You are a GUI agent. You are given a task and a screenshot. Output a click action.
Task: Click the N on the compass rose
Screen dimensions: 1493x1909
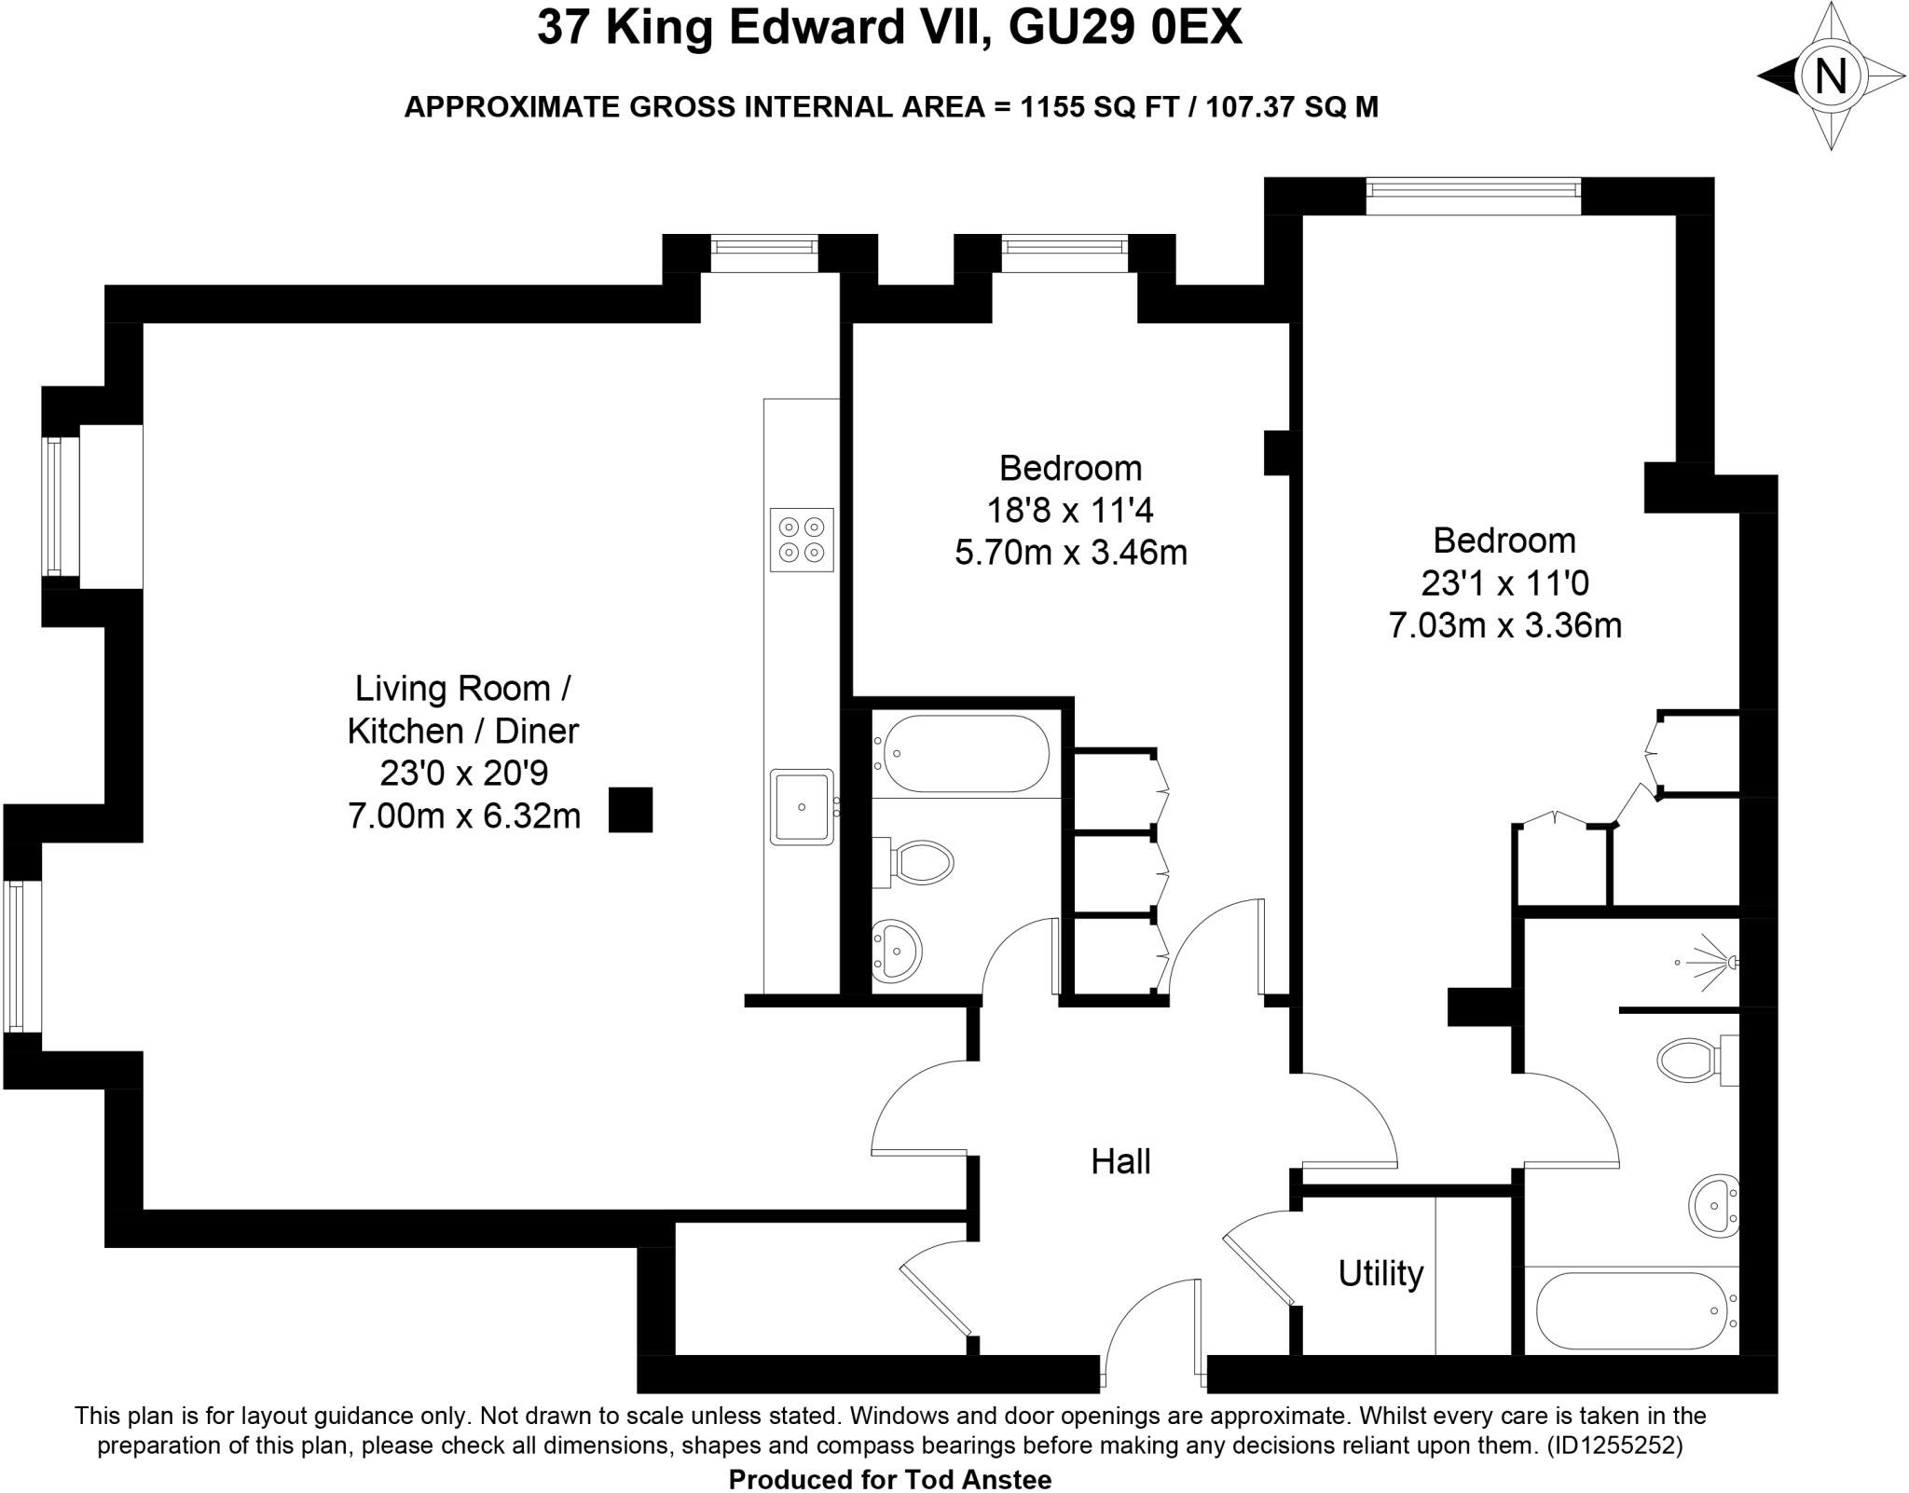click(x=1831, y=75)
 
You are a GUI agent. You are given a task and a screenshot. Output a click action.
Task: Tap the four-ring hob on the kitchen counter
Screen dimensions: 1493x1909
click(x=802, y=540)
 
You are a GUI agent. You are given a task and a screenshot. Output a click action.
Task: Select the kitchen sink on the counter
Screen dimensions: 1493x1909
click(x=801, y=806)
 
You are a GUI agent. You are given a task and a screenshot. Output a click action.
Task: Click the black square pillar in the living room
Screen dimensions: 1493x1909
click(x=630, y=810)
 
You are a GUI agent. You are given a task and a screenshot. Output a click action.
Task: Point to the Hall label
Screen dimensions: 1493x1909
click(x=1120, y=1161)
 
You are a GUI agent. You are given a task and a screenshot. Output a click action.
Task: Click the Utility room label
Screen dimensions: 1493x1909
click(x=1380, y=1273)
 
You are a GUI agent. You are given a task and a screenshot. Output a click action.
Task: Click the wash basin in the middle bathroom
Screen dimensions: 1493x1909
click(x=897, y=951)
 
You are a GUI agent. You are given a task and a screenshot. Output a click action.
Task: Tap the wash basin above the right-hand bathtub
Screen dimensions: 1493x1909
click(x=1714, y=1206)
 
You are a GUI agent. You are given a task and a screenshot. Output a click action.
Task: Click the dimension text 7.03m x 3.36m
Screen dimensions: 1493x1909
click(x=1504, y=625)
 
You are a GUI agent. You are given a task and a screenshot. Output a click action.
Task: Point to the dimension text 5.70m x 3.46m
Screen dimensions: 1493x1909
click(x=1070, y=553)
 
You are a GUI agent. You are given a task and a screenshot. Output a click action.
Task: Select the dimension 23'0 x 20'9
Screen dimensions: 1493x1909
click(x=463, y=774)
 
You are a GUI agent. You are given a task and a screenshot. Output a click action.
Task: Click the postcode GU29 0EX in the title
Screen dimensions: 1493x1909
click(x=1126, y=29)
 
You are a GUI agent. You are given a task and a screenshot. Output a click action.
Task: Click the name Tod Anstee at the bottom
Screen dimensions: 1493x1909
click(x=979, y=1479)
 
